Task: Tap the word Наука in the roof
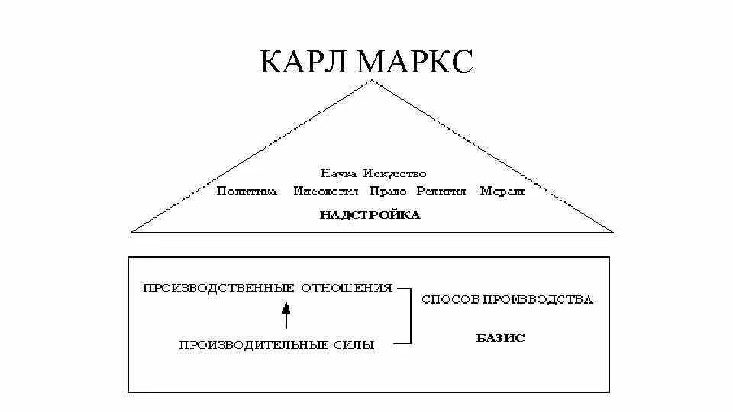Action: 339,174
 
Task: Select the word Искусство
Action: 396,174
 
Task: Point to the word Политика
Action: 246,191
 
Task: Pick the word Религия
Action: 441,191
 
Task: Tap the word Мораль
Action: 503,191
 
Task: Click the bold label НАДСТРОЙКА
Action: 370,215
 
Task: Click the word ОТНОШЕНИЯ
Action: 347,288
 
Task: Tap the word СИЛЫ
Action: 354,345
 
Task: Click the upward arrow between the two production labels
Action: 286,315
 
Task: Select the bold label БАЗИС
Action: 501,337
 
